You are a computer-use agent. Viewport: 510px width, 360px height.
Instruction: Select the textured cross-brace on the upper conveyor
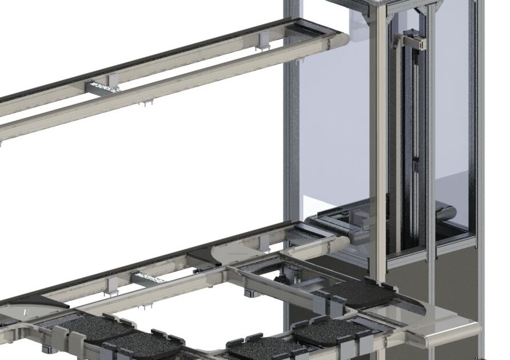click(x=103, y=87)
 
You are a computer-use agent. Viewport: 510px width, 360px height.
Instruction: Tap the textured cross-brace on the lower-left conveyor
click(x=149, y=278)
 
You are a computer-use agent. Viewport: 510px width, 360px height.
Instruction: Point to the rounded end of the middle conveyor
click(x=341, y=244)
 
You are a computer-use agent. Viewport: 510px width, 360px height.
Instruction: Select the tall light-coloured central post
click(x=378, y=143)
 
